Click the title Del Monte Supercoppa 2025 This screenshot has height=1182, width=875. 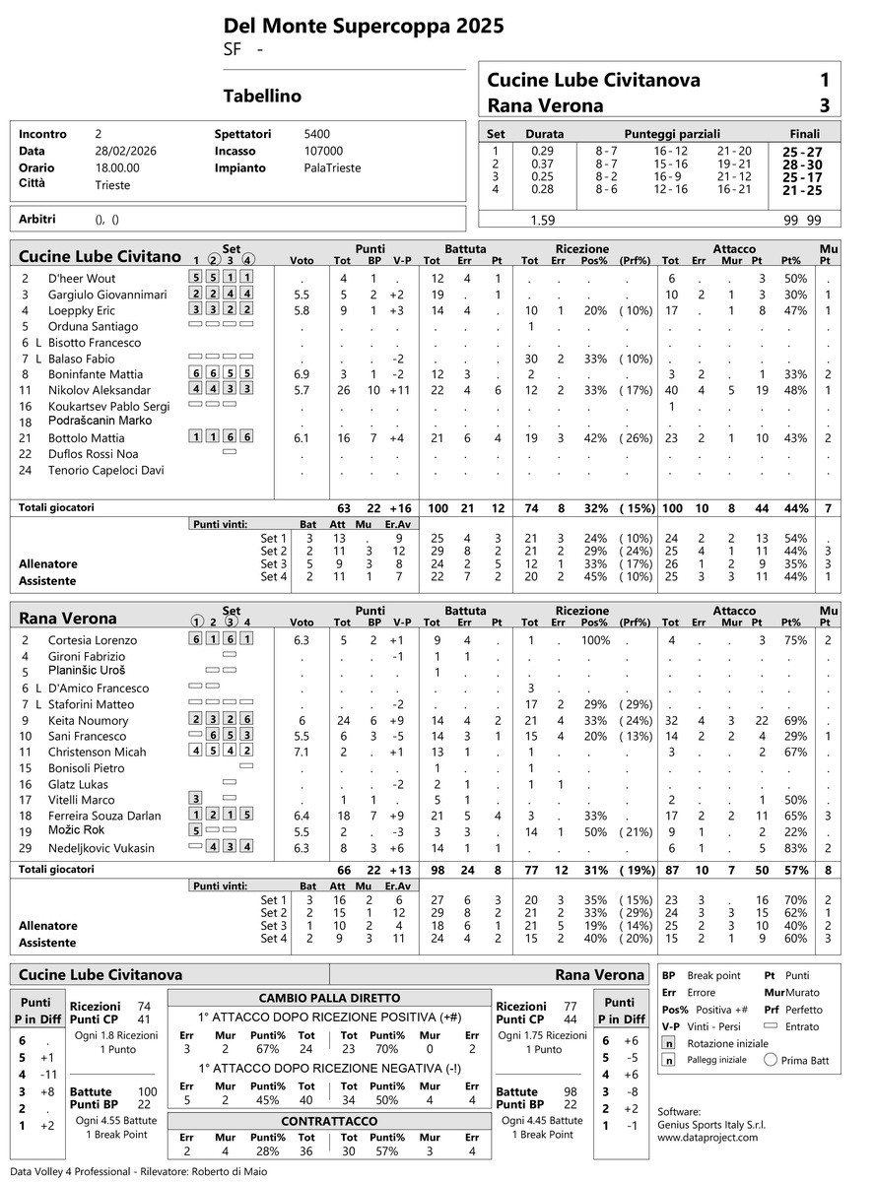pos(364,26)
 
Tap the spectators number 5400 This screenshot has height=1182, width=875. pos(317,134)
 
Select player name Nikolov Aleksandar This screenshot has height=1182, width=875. pos(100,390)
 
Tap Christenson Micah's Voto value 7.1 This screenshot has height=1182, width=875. pos(302,753)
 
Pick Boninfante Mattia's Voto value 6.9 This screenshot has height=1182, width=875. pos(302,374)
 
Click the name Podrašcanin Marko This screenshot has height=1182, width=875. pos(100,422)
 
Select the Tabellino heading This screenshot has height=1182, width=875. pos(262,97)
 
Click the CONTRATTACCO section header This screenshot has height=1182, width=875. pos(329,1122)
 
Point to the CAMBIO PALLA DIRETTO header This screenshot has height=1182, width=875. pos(329,997)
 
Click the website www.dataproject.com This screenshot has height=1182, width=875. pos(707,1137)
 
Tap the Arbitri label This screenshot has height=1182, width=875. pos(35,218)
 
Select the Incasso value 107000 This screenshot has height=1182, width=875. pos(324,151)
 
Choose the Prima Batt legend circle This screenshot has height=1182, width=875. pos(771,1061)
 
